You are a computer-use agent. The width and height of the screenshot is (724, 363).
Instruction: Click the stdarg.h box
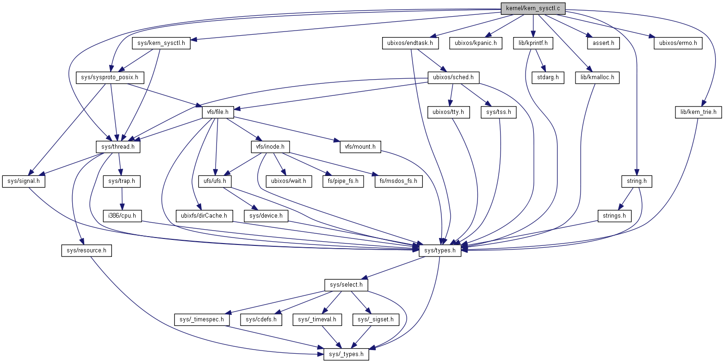click(x=548, y=77)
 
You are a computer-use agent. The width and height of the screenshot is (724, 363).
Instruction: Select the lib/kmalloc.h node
click(x=597, y=77)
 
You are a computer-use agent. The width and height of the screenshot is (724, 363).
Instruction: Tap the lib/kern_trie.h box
click(x=698, y=112)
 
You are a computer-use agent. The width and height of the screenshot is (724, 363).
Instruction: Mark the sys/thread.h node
click(x=118, y=147)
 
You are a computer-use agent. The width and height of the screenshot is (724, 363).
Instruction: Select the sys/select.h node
click(x=346, y=284)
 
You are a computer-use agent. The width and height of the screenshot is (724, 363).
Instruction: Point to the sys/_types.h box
click(x=346, y=355)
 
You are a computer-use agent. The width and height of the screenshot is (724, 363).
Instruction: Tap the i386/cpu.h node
click(x=122, y=216)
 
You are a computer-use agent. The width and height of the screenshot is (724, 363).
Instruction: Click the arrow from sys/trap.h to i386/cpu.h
click(x=121, y=198)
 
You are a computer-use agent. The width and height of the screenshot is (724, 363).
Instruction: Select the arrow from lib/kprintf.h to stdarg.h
click(x=540, y=60)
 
